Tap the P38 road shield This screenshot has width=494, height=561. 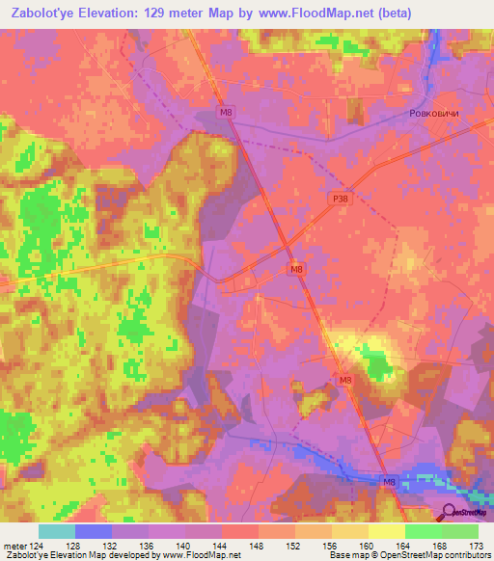(339, 199)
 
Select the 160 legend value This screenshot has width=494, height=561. (367, 546)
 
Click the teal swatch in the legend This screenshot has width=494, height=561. (56, 531)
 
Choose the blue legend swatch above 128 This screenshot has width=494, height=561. (93, 531)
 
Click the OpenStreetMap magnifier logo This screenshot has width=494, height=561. (449, 511)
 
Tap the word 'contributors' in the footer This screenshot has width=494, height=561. (464, 555)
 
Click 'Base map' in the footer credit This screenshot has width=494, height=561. (348, 555)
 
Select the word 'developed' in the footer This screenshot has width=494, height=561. (135, 555)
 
